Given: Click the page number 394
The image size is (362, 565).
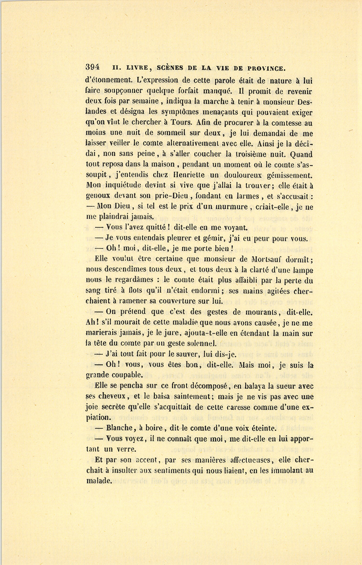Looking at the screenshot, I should click(93, 68).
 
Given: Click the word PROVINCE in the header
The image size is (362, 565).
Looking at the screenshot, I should click(262, 68).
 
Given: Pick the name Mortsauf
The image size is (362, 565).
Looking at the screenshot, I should click(270, 259).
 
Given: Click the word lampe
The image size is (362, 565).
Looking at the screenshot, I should click(301, 269).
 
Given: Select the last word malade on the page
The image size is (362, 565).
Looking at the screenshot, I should click(99, 481).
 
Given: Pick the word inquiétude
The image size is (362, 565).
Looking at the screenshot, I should click(121, 186).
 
